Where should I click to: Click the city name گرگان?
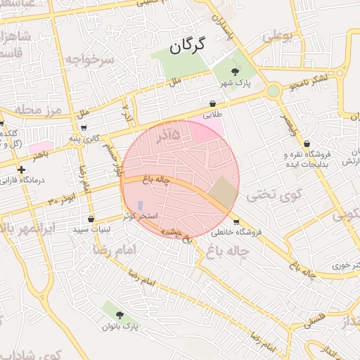tap(187, 46)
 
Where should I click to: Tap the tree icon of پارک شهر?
tap(236, 70)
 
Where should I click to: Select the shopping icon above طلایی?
tap(212, 103)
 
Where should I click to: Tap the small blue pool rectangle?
tap(140, 205)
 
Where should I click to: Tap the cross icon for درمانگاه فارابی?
tap(21, 169)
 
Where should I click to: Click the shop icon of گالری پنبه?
tap(84, 127)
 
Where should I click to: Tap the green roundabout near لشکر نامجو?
tap(273, 91)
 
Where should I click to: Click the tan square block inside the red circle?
tap(224, 191)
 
